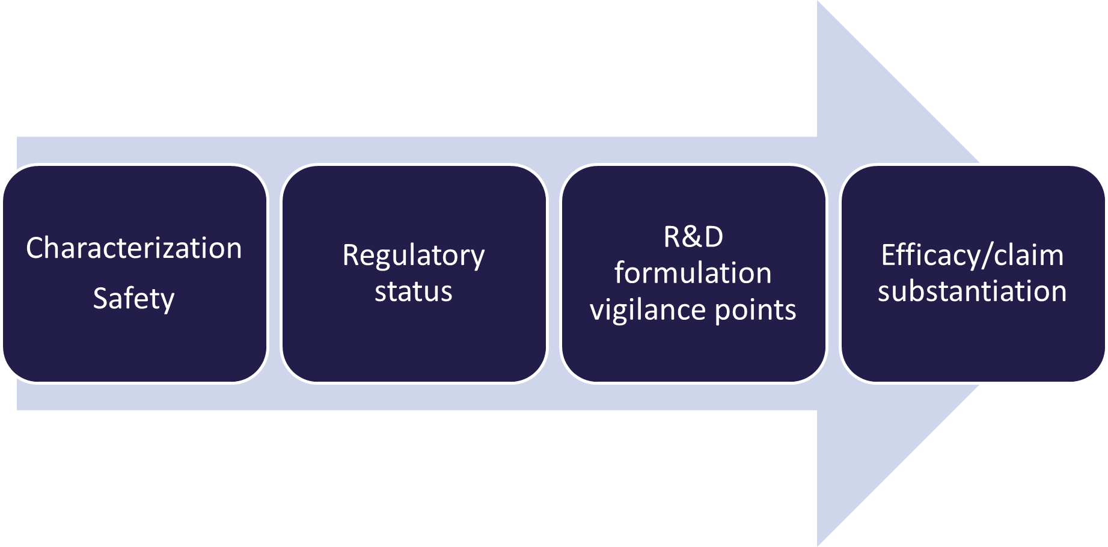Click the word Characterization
(x=133, y=248)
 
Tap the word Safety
(x=133, y=299)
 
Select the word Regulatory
(x=414, y=256)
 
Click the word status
(x=414, y=292)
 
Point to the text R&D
(x=693, y=236)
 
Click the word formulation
(x=693, y=273)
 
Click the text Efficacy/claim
(x=972, y=255)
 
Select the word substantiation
(x=972, y=292)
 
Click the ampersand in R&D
(x=693, y=237)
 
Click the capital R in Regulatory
(x=351, y=255)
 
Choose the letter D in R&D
(x=714, y=237)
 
